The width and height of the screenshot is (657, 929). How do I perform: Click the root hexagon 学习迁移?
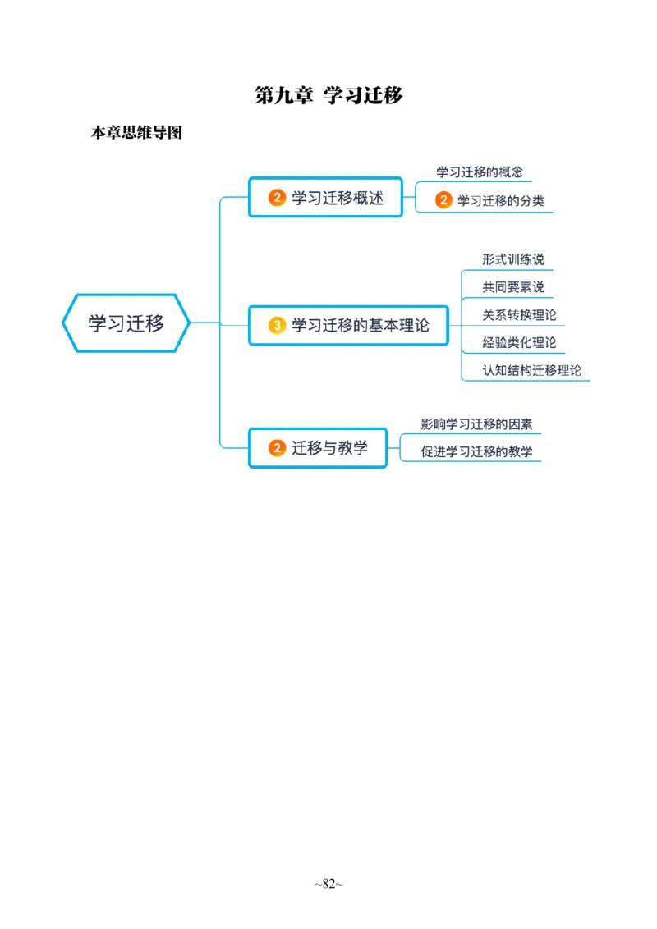pos(126,323)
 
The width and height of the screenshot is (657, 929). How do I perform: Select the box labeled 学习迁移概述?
pos(325,198)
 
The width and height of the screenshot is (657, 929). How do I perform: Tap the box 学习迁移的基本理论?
pos(348,326)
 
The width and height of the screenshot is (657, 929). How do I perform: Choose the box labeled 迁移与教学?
pos(318,448)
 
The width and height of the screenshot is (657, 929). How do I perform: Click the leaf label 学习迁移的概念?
pos(480,172)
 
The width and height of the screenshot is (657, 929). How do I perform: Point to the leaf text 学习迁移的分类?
pos(501,200)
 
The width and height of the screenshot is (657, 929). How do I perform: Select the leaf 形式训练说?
pos(513,260)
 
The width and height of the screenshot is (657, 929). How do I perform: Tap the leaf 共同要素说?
pos(513,287)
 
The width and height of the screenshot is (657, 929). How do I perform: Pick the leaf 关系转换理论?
pos(520,315)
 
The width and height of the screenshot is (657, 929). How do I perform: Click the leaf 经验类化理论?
pos(520,342)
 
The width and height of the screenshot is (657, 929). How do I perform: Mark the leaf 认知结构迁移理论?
pos(532,370)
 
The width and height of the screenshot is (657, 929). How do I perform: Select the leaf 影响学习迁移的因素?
pos(476,424)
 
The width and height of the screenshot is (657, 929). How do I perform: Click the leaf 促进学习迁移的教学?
pos(476,451)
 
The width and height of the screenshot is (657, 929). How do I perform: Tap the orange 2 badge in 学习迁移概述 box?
pos(278,198)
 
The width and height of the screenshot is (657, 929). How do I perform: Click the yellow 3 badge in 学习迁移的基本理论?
pos(278,326)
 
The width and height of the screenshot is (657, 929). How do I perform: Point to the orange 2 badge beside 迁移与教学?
pos(278,448)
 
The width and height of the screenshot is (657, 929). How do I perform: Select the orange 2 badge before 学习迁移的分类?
pos(443,200)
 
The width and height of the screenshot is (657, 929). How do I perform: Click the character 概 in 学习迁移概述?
pos(357,198)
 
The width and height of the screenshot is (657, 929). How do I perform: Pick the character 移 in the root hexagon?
pos(154,323)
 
